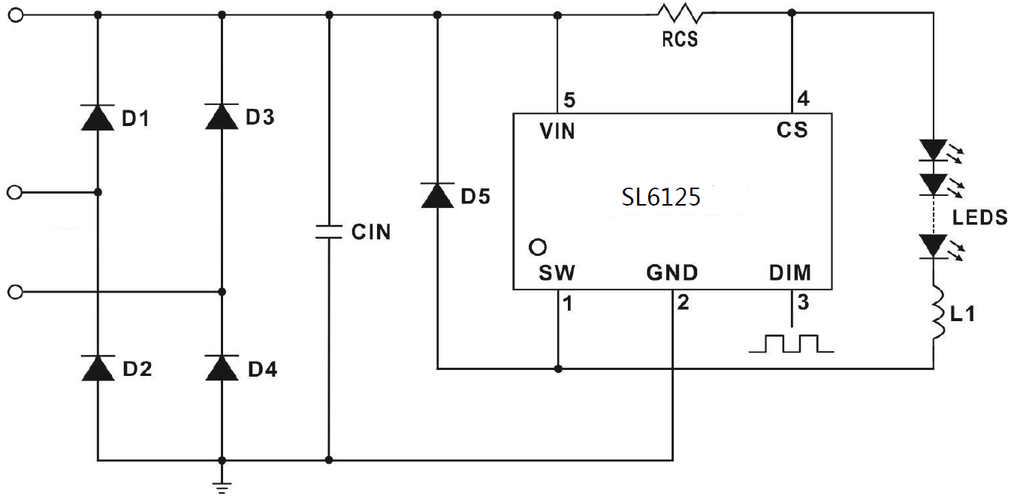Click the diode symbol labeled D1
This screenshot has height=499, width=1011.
[x=98, y=118]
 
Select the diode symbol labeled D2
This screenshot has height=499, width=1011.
[x=98, y=368]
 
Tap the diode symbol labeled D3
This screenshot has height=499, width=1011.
[x=221, y=118]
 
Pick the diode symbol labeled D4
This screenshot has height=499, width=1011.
[x=221, y=368]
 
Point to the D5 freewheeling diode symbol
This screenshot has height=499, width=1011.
[x=437, y=196]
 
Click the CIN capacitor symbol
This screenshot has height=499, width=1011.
[x=328, y=232]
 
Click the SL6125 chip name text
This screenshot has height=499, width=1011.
[x=661, y=197]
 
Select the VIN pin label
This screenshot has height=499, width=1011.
[x=557, y=131]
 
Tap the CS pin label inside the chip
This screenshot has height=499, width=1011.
[x=792, y=131]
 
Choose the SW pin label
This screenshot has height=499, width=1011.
[x=557, y=272]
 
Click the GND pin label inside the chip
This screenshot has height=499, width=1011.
[x=671, y=272]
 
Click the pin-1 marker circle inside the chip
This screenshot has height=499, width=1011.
[x=537, y=246]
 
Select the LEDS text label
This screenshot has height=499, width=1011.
[x=979, y=218]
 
